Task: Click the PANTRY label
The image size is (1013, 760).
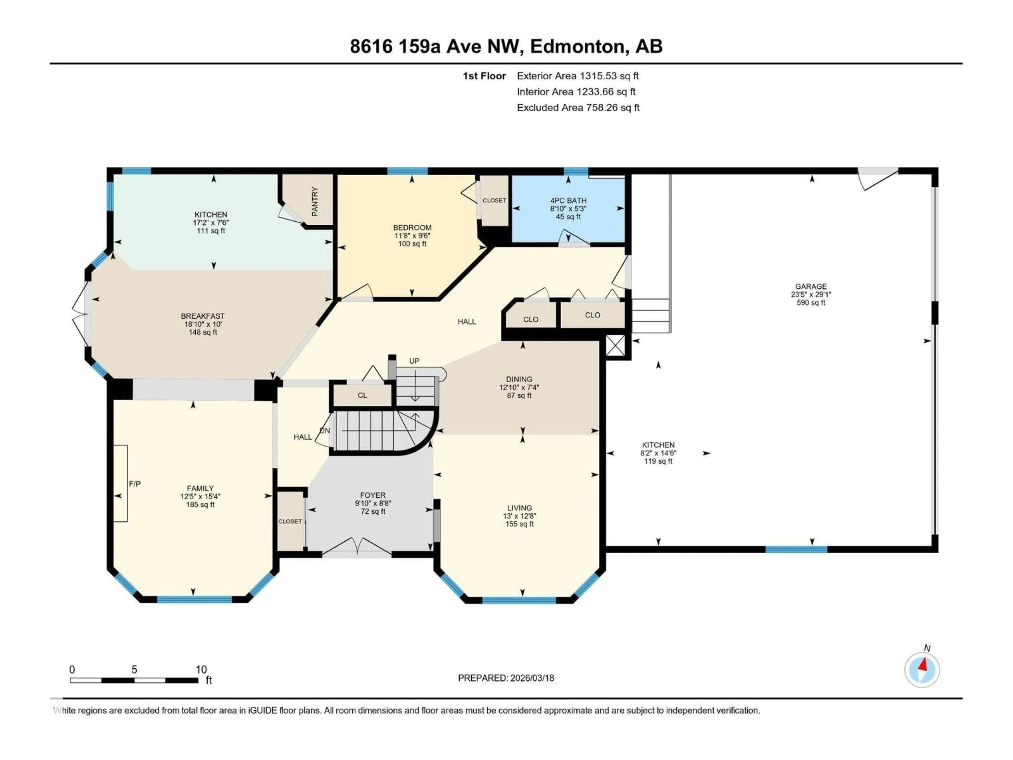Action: (315, 202)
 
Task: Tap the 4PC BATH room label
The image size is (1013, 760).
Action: (568, 201)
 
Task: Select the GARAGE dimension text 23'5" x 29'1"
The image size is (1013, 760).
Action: (811, 294)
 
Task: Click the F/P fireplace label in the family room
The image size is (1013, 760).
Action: (135, 484)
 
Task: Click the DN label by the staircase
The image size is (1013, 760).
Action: (325, 431)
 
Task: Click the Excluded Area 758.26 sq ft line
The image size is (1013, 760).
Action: (578, 108)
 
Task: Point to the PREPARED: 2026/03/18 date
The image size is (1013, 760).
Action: (506, 678)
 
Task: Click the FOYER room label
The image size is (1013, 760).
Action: (373, 495)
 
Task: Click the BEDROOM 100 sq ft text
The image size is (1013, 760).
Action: (412, 244)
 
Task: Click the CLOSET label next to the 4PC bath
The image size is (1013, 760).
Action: (494, 200)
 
